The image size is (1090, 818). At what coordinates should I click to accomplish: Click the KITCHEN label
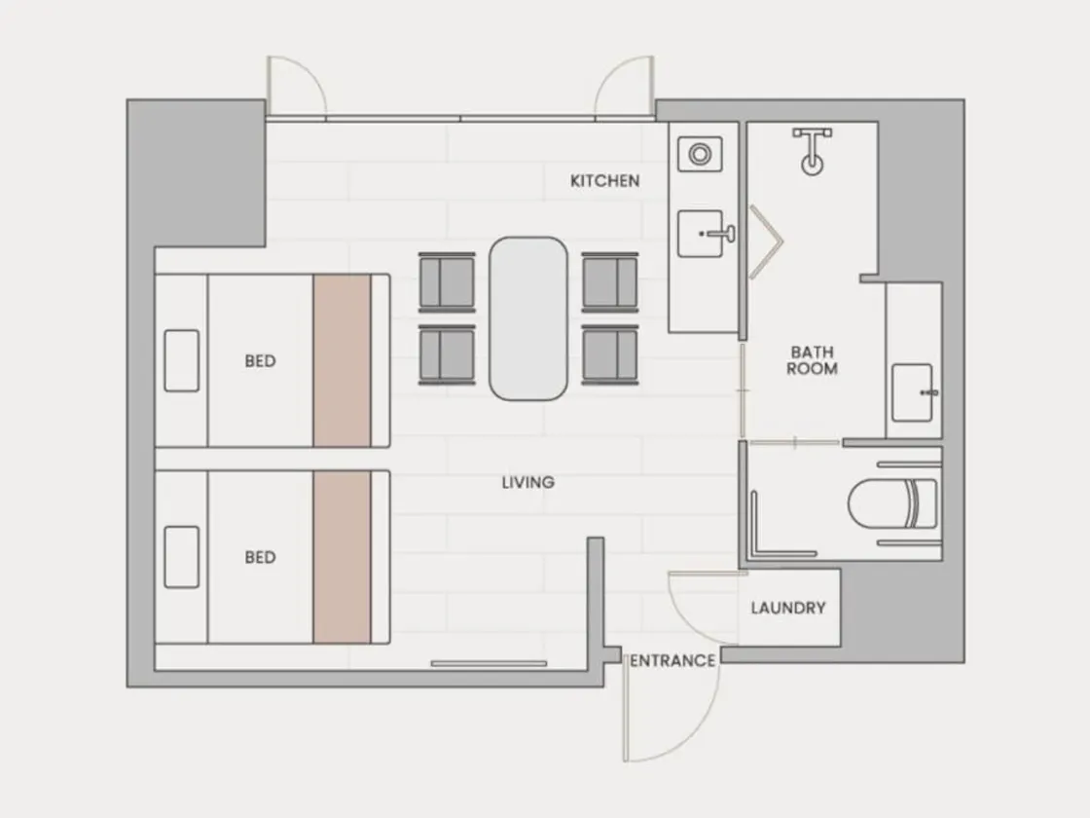(604, 181)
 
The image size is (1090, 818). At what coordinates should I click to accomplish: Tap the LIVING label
(528, 482)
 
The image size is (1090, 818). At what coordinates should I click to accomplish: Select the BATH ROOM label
(812, 360)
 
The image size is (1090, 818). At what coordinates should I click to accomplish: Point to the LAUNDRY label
(788, 608)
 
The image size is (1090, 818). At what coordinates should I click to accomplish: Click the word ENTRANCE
(672, 661)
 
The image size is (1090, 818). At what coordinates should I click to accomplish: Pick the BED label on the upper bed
(261, 361)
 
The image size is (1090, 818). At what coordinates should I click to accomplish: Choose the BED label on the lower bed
(261, 557)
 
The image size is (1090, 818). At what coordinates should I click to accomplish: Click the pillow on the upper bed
(181, 360)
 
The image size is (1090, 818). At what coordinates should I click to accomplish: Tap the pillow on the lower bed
(181, 557)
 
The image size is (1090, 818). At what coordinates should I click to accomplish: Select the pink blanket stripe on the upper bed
(342, 360)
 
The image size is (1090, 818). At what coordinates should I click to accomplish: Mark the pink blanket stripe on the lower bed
(342, 557)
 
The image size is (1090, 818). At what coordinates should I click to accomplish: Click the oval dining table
(528, 318)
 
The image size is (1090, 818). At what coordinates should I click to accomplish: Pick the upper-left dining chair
(447, 282)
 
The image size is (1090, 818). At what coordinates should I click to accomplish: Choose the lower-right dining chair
(610, 354)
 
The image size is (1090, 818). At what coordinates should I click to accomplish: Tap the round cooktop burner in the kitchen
(700, 154)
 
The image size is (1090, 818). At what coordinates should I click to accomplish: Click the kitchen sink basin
(701, 234)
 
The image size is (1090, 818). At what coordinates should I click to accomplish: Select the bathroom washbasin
(912, 392)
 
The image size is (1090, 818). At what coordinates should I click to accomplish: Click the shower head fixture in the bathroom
(812, 151)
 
